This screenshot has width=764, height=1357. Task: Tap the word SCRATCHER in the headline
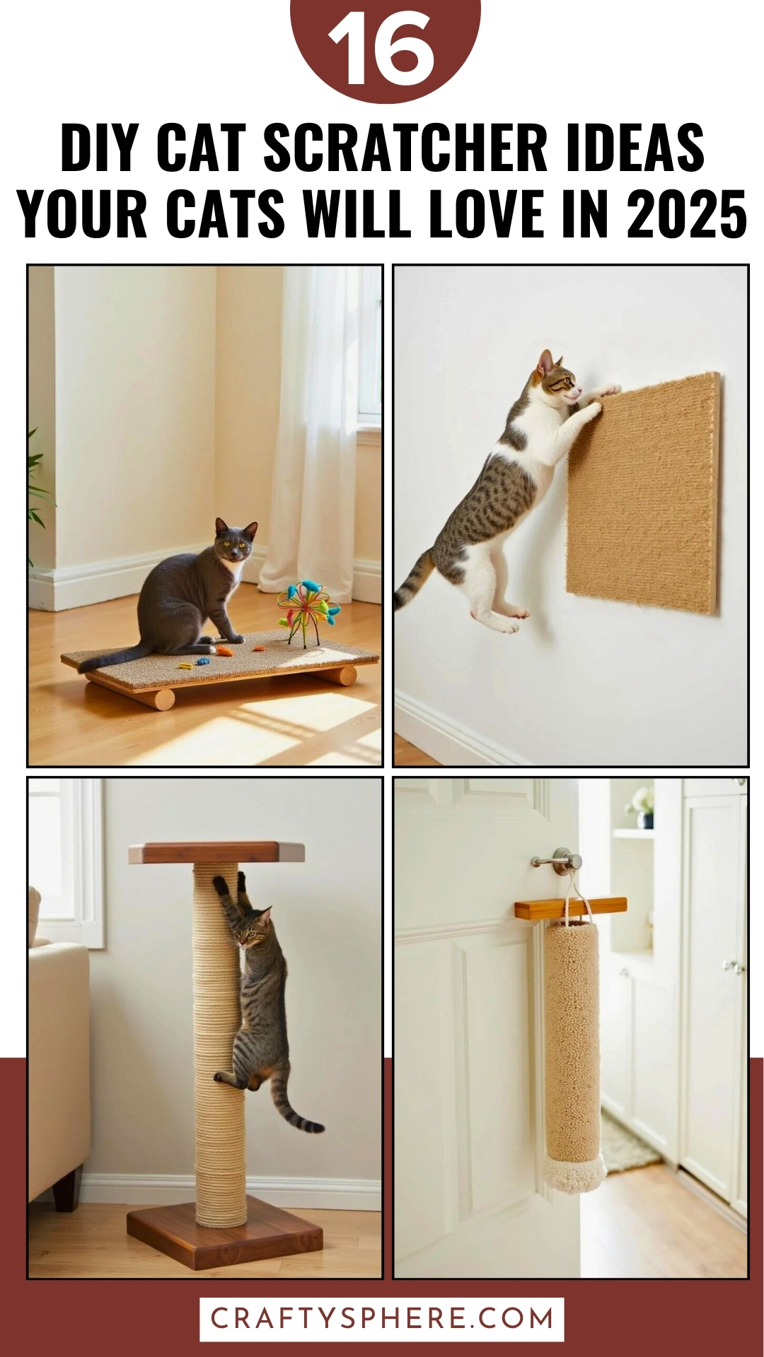(405, 148)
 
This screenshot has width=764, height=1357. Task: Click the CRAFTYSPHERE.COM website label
(382, 1319)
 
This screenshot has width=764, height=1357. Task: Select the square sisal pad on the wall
(644, 495)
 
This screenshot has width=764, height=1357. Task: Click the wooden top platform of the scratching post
(216, 853)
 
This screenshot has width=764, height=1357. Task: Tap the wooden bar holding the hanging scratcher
(570, 908)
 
